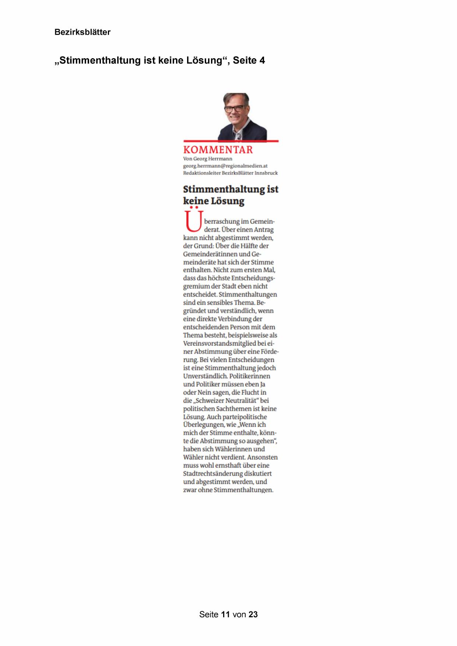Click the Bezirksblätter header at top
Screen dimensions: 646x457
click(x=82, y=32)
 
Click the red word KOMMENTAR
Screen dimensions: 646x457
click(x=218, y=150)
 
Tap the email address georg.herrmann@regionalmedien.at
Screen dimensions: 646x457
click(x=225, y=166)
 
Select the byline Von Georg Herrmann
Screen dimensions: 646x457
click(x=208, y=159)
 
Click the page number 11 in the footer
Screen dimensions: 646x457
click(x=225, y=614)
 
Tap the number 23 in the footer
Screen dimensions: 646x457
click(x=253, y=614)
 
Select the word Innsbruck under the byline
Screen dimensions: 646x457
click(x=266, y=173)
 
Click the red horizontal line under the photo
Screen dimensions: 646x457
click(x=231, y=141)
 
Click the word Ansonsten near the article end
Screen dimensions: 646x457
click(x=263, y=457)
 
